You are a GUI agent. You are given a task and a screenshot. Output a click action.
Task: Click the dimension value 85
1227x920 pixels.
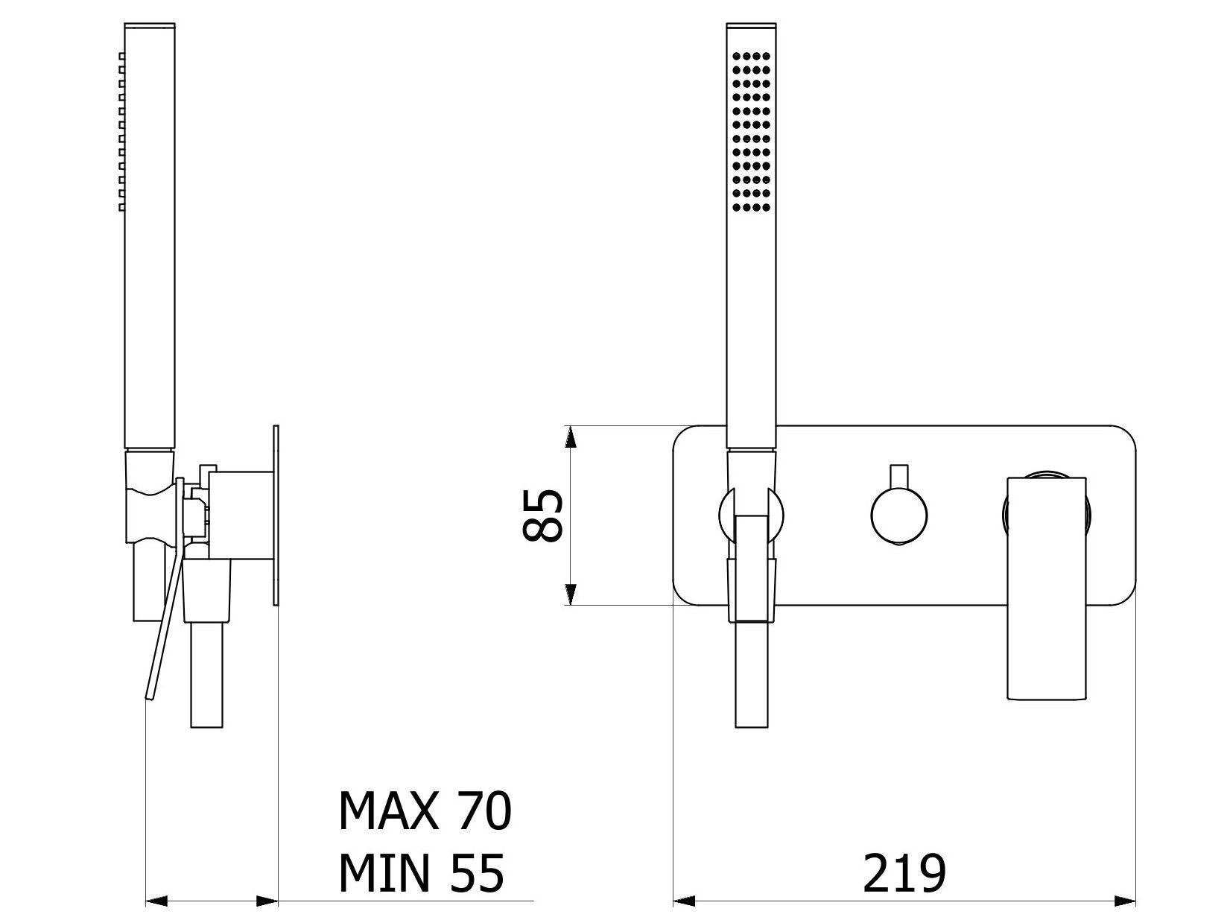point(541,515)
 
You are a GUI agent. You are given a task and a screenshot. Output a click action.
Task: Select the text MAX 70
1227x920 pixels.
point(425,810)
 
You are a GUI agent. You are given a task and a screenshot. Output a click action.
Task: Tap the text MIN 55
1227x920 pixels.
point(422,874)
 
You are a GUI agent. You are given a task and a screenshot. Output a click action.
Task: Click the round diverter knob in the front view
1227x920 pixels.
point(899,515)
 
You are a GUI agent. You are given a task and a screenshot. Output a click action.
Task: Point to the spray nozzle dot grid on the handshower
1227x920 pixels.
point(751,132)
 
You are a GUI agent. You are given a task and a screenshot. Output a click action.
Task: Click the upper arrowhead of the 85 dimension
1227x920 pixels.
point(570,437)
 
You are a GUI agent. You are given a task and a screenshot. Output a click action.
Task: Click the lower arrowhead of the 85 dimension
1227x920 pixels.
point(570,594)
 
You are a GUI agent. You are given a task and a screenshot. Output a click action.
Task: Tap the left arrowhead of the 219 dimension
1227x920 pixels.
point(684,901)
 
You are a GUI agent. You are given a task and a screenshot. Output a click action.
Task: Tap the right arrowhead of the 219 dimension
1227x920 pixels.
point(1125,901)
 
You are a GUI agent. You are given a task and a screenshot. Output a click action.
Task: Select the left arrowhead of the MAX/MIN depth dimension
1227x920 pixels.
point(156,901)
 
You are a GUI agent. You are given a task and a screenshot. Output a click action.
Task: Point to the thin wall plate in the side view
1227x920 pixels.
point(276,515)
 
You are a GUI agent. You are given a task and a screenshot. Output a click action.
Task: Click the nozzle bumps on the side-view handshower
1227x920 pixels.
point(121,132)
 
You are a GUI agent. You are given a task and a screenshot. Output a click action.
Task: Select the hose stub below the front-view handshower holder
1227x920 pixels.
point(751,675)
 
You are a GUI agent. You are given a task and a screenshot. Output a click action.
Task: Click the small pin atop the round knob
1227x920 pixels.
point(899,476)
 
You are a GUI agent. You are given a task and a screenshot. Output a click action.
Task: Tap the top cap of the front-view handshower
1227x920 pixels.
point(751,26)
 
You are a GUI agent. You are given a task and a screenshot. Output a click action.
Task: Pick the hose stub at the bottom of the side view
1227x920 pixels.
point(206,675)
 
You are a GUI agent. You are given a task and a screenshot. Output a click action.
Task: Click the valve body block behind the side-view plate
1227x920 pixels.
point(241,515)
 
